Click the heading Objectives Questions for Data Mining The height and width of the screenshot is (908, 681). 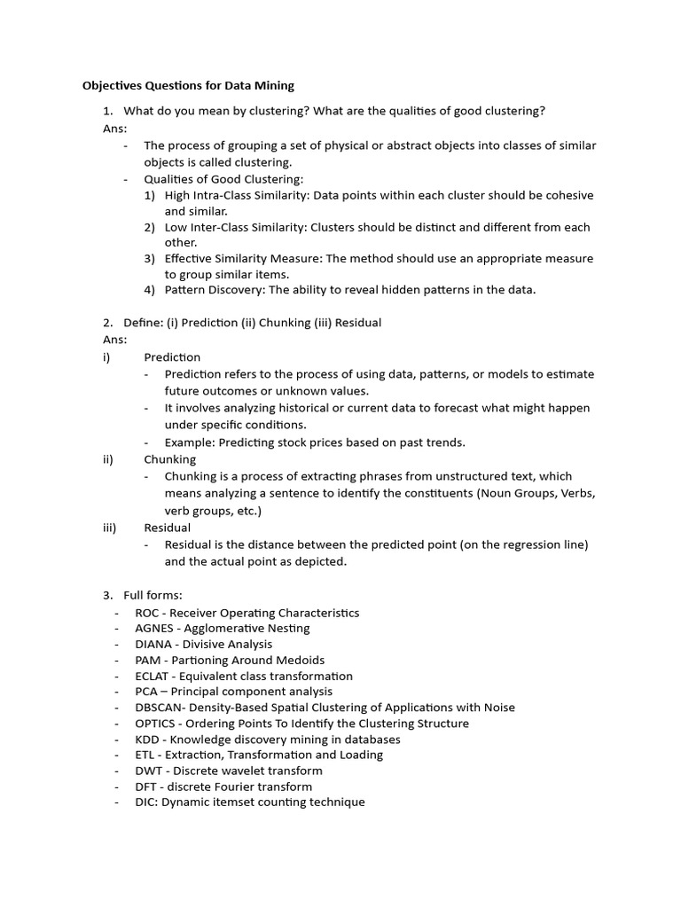coord(188,86)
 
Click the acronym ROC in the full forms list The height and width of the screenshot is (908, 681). coord(148,613)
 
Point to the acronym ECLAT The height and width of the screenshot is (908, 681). coord(153,676)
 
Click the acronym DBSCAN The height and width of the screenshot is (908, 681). coord(158,708)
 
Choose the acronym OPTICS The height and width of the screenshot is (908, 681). coord(154,724)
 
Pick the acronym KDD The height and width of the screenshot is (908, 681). coord(147,740)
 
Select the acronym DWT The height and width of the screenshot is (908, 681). coord(149,771)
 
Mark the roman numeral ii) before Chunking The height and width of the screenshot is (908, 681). coord(108,460)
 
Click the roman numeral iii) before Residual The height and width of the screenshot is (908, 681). coord(109,528)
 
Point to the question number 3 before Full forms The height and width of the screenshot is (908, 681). coord(107,595)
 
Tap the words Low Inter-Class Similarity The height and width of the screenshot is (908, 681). coord(239,227)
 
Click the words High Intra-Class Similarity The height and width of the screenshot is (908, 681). coord(240,195)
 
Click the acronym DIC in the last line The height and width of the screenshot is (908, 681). coord(145,802)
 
